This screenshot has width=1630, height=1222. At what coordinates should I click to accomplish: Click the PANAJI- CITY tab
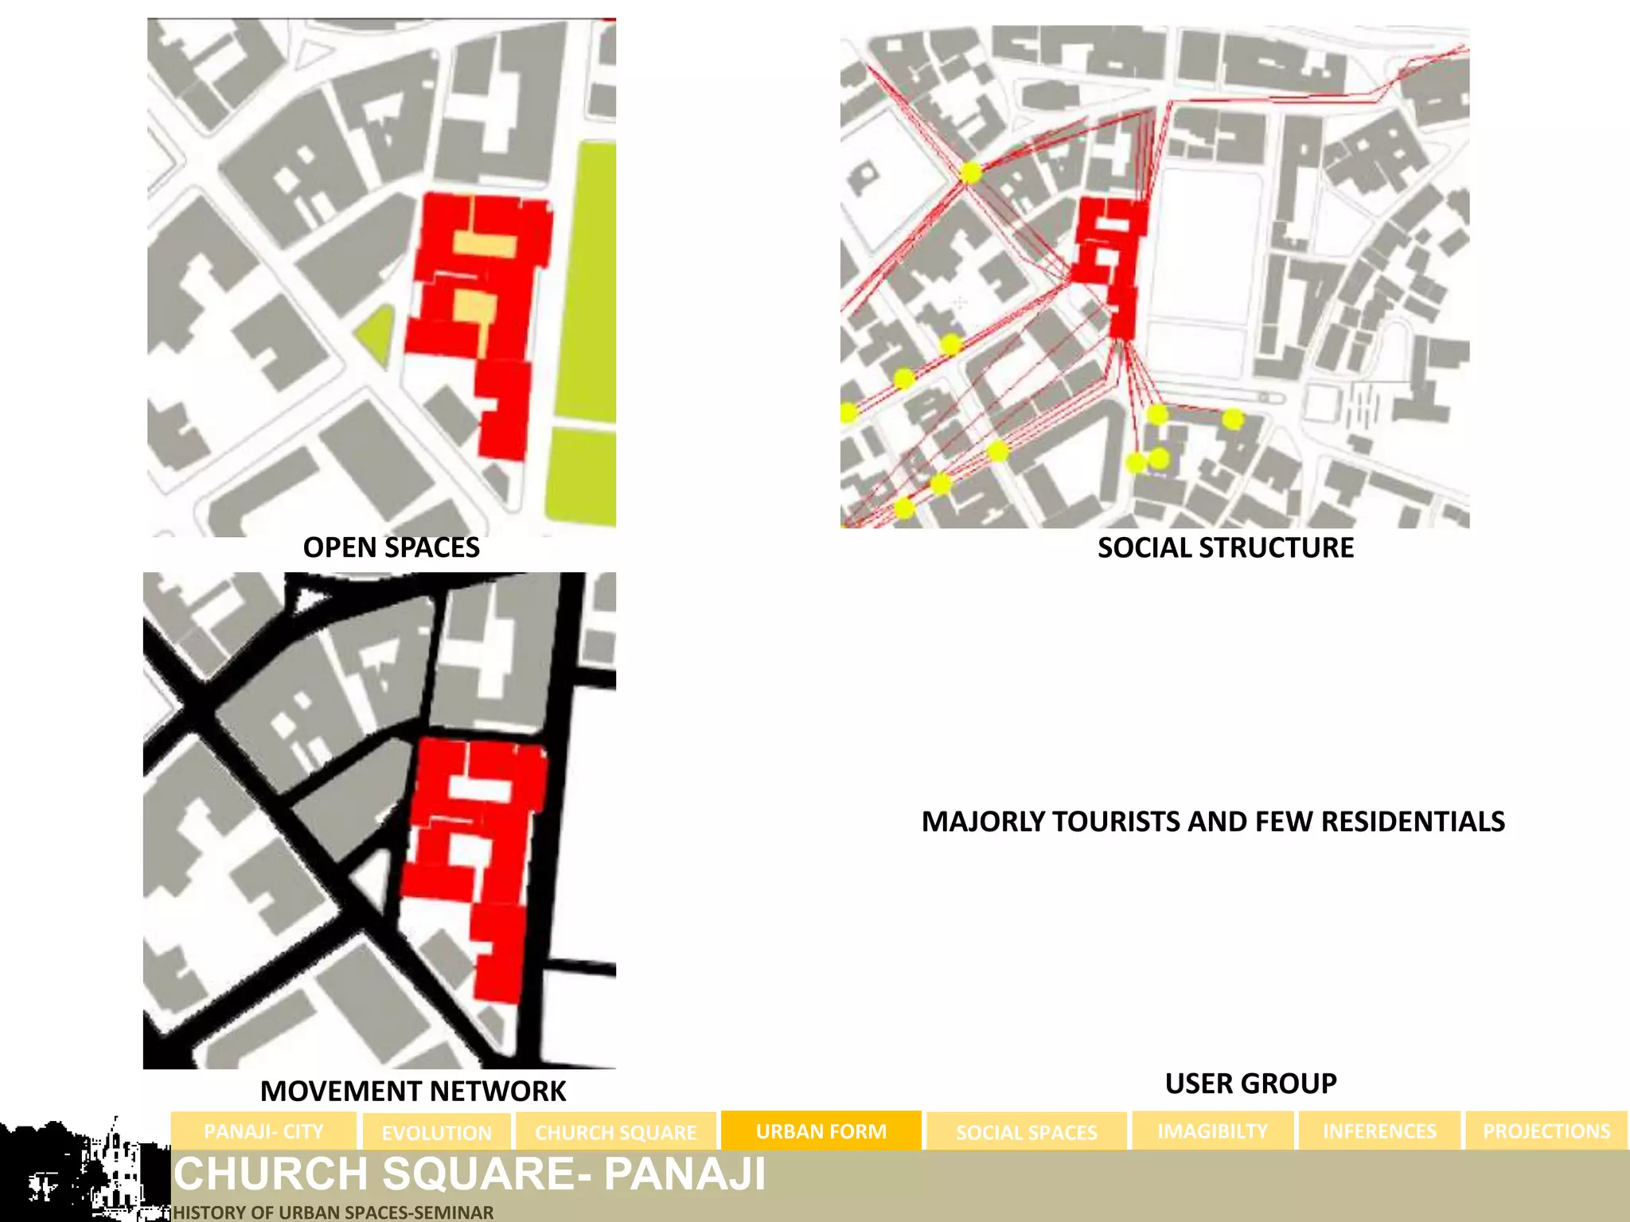click(x=263, y=1131)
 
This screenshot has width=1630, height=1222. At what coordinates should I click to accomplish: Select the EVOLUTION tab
click(x=436, y=1132)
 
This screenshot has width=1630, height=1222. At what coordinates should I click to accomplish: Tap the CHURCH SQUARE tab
click(x=615, y=1132)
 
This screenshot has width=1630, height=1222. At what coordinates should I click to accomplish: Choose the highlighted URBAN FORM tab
click(x=821, y=1131)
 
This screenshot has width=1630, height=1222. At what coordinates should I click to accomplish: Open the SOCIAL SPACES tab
click(x=1026, y=1132)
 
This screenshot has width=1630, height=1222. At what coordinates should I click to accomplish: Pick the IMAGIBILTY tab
click(x=1212, y=1131)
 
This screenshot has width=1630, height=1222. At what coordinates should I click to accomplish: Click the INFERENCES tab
click(x=1379, y=1131)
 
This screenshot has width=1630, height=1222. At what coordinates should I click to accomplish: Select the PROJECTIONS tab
click(x=1546, y=1131)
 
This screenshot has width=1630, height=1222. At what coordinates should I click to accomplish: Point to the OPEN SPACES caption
click(x=391, y=547)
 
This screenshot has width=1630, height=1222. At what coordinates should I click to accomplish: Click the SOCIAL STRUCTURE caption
click(x=1225, y=547)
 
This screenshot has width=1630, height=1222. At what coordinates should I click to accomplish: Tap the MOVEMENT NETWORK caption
click(x=413, y=1091)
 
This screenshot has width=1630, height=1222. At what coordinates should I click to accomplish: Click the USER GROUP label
click(x=1250, y=1083)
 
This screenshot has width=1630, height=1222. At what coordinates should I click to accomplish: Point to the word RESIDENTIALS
click(x=1413, y=821)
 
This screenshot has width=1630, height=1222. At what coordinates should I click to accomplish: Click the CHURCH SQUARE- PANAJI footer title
click(x=470, y=1173)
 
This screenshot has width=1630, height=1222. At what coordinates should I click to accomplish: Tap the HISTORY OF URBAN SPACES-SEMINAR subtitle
click(x=333, y=1212)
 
